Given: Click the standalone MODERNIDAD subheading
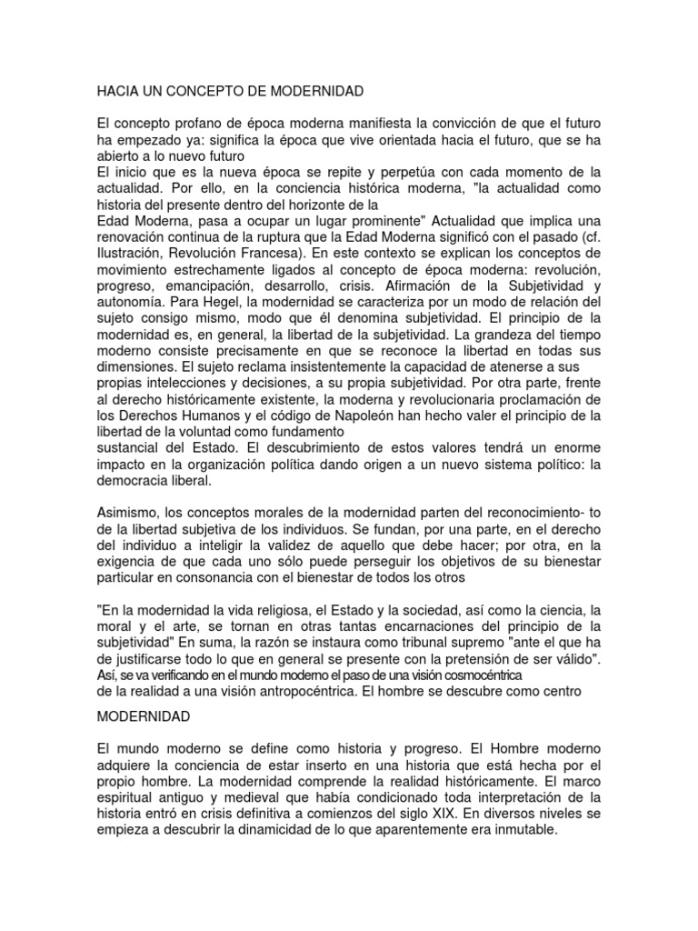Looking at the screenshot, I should click(144, 717).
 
